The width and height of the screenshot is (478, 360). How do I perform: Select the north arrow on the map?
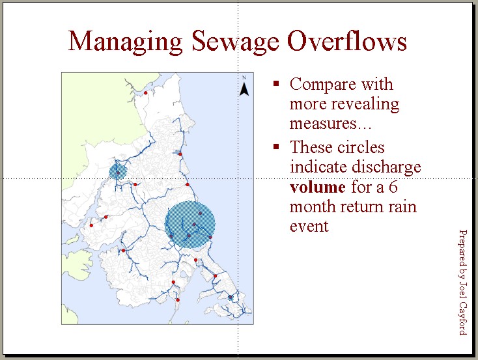[244, 87]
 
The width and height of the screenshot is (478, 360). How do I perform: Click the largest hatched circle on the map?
[190, 223]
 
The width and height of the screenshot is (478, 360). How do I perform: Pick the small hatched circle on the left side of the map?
[117, 171]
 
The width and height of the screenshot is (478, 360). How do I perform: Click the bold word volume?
[317, 187]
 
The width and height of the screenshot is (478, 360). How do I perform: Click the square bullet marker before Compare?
[277, 83]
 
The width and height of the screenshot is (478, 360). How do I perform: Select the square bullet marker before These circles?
[277, 146]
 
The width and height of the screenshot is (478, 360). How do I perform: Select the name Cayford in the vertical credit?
[462, 317]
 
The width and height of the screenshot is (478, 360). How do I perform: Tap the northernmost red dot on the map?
[146, 92]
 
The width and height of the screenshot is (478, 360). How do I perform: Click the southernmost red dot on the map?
[178, 300]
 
